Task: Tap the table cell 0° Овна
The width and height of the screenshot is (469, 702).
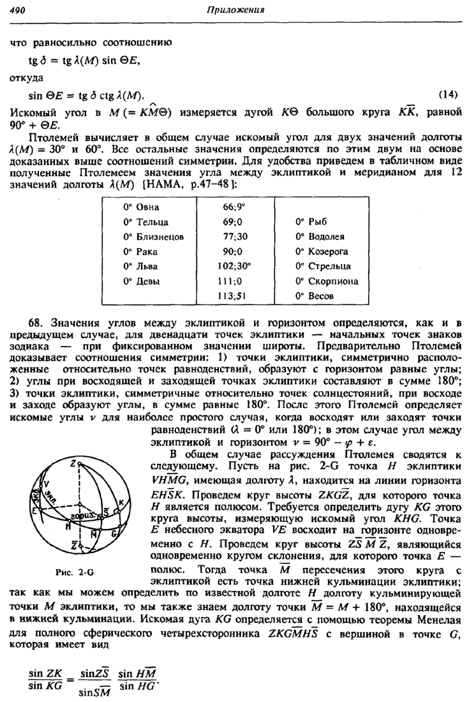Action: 142,207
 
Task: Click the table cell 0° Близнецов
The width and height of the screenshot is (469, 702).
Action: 153,237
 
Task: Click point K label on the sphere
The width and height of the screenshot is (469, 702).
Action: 122,502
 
